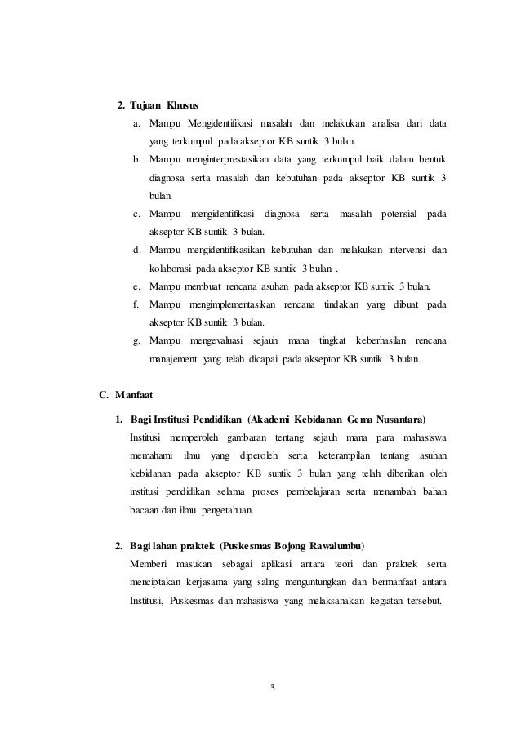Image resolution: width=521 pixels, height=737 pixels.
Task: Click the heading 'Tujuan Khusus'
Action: (x=164, y=106)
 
